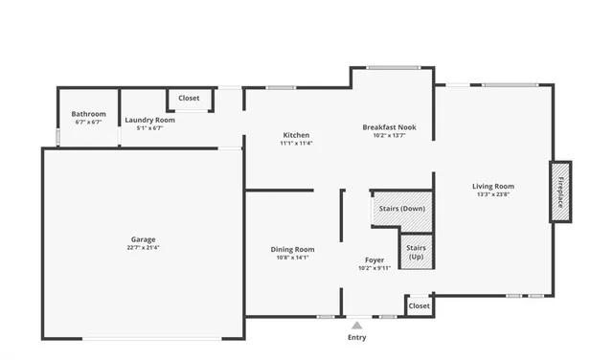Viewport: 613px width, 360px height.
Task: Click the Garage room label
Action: coord(144,239)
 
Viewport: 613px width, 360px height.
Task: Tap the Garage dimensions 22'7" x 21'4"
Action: coord(144,248)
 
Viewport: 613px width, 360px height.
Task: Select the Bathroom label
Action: coord(88,114)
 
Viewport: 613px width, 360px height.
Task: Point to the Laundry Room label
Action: coord(149,120)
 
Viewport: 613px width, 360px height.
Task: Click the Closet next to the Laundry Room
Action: coord(189,99)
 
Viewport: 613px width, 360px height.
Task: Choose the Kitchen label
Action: coord(296,135)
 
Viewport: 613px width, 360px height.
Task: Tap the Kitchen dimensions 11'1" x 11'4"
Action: coord(296,144)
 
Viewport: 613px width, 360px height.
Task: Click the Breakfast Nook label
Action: coord(389,127)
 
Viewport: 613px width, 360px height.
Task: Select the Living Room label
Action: coord(493,186)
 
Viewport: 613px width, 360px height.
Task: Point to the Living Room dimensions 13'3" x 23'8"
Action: coord(493,194)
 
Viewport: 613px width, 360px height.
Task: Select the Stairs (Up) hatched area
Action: coord(417,252)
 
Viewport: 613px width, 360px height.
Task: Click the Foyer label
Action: coord(374,259)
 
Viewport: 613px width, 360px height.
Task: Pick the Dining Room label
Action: coord(292,249)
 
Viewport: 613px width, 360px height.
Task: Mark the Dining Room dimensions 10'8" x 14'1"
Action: coord(292,258)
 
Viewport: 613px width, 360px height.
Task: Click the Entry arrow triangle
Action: coord(356,326)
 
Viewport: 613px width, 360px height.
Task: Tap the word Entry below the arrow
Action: coord(356,338)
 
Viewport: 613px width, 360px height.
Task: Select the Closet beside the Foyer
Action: coord(419,306)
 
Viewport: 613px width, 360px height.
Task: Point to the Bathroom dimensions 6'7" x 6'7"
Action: coord(88,123)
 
